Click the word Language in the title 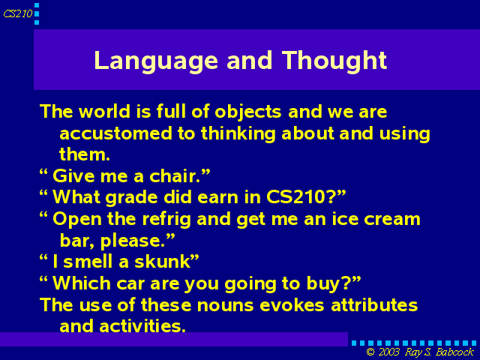tap(156, 61)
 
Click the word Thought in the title tap(334, 61)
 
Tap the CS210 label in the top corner tap(18, 13)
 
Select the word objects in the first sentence tap(248, 112)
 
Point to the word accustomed tap(115, 133)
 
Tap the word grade tap(132, 198)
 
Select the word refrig tap(166, 220)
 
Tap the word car tap(130, 283)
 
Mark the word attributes tap(374, 305)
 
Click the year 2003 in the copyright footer tap(389, 352)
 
